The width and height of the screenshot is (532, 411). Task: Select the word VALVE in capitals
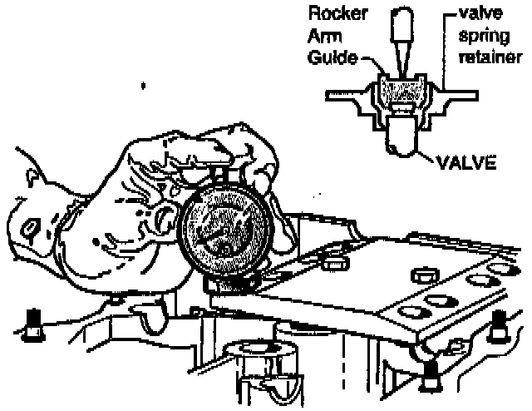pos(465,164)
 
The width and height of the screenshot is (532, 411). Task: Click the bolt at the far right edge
pos(500,324)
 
